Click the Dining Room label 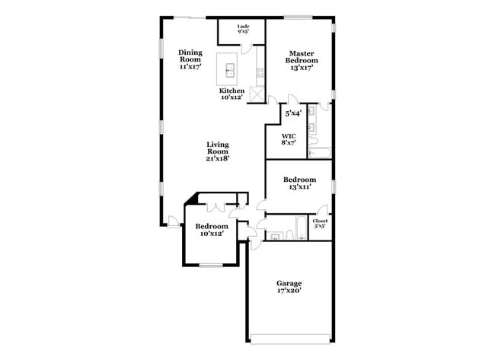[x=190, y=59]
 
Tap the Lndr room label [x=244, y=30]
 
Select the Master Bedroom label [x=302, y=59]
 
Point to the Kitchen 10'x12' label [x=232, y=94]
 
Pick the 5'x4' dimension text [x=292, y=113]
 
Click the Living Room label [x=218, y=151]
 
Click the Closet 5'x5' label [x=321, y=223]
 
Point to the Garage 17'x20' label [x=289, y=288]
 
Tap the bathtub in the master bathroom [x=319, y=152]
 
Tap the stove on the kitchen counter [x=260, y=74]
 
